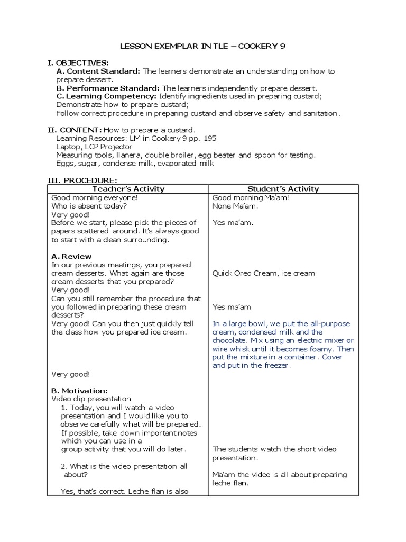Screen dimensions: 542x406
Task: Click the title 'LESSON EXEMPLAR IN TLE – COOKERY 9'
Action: click(203, 46)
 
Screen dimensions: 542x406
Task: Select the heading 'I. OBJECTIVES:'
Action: click(78, 63)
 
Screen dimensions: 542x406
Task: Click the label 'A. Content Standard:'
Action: click(98, 71)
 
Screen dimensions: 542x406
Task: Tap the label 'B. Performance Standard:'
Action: click(108, 88)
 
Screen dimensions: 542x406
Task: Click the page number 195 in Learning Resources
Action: click(209, 138)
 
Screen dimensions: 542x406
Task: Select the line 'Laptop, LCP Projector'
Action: click(94, 147)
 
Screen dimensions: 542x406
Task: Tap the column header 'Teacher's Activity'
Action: click(128, 189)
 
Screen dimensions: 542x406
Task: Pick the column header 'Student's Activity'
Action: click(283, 189)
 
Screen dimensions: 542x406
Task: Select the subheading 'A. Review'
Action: click(72, 256)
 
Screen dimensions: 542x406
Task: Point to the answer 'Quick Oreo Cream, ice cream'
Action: click(263, 273)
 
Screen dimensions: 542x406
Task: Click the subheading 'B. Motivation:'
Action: click(80, 390)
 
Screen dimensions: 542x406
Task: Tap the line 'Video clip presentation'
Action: click(91, 399)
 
